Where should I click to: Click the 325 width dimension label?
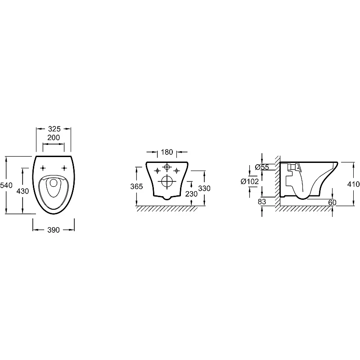pos(54,129)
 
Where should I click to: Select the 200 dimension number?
pos(54,138)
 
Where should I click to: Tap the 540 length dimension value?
pos(6,185)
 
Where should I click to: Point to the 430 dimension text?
pos(23,191)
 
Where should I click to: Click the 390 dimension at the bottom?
pos(54,230)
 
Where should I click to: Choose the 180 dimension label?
pos(167,152)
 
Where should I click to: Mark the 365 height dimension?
pos(137,186)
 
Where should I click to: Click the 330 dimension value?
pos(204,188)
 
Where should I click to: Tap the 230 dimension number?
pos(191,194)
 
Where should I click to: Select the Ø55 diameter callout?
pos(262,167)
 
